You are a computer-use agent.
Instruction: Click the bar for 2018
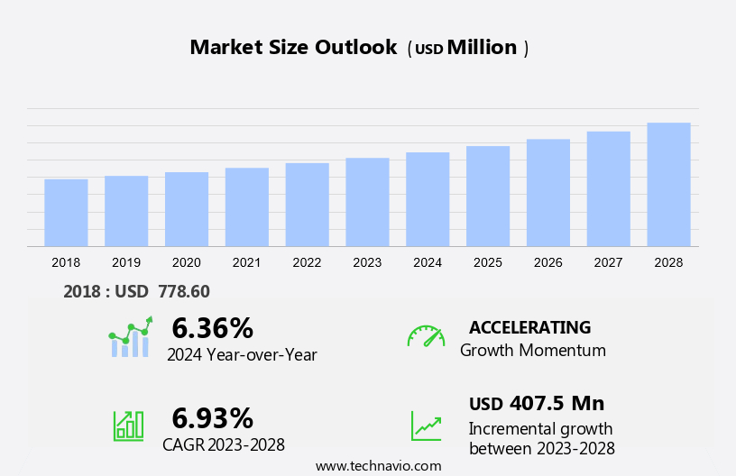pos(66,213)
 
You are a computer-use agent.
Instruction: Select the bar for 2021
pos(247,207)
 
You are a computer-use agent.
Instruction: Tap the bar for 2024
pos(428,199)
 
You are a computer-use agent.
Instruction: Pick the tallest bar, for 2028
pos(668,185)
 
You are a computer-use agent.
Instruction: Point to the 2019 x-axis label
pos(126,262)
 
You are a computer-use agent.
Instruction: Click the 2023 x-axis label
pos(367,262)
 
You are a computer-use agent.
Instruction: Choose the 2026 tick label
pos(548,262)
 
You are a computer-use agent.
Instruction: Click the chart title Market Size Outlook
pos(293,48)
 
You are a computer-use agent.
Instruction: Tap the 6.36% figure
pos(213,327)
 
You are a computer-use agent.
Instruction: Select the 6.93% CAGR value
pos(213,417)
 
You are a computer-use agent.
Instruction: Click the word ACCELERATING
pos(530,327)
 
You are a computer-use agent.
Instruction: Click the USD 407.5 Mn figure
pos(537,403)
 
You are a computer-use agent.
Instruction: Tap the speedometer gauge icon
pos(426,336)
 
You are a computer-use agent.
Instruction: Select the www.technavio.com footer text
pos(378,466)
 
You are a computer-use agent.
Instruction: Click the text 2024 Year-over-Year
pos(242,355)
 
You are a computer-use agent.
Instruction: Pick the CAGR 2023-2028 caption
pos(224,444)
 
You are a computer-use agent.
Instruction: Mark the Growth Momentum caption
pos(533,351)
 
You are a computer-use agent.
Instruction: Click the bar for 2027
pos(609,189)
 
